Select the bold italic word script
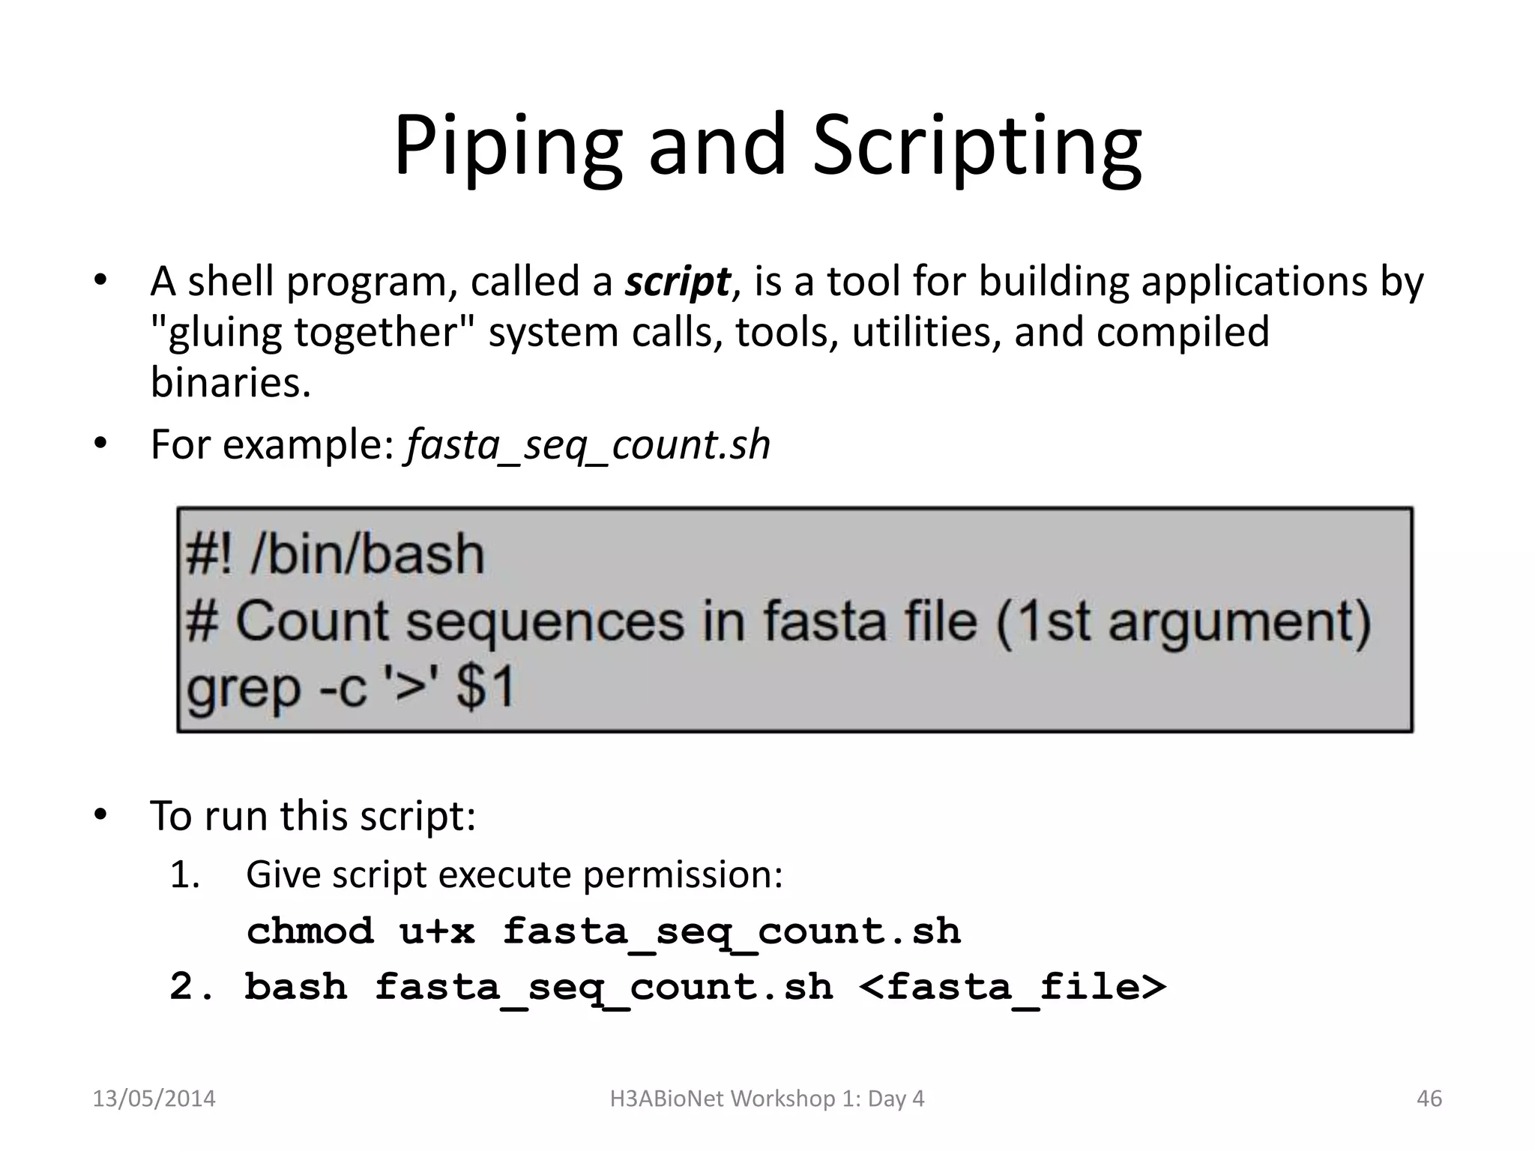point(677,283)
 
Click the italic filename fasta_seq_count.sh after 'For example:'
point(588,444)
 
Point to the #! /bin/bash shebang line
point(335,555)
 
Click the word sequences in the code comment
point(545,622)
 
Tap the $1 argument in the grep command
point(486,687)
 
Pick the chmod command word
point(310,931)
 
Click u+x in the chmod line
point(437,931)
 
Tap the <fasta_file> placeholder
point(1013,987)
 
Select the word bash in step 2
point(296,987)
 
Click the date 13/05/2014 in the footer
point(154,1099)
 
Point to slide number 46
point(1429,1099)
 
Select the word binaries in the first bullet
point(230,383)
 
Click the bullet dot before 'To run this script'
point(101,815)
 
